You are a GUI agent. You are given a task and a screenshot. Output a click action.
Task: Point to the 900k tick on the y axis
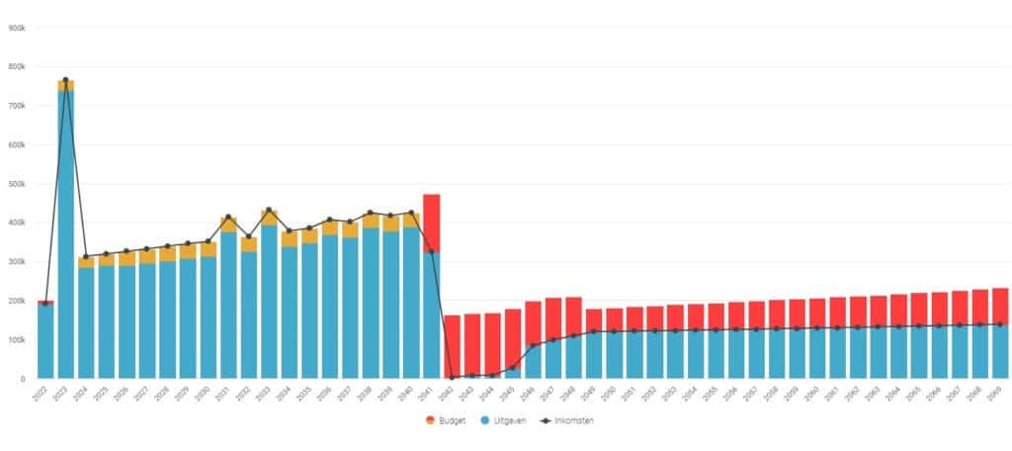tap(16, 28)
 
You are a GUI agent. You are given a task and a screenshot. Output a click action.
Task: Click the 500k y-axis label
tap(16, 184)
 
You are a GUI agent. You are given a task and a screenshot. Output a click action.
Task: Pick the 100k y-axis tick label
tap(16, 339)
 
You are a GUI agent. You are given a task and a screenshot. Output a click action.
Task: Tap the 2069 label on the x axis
tap(1000, 394)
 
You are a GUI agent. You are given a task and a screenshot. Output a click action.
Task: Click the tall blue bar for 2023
tap(66, 237)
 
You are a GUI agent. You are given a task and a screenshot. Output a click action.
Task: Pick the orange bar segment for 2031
tap(228, 225)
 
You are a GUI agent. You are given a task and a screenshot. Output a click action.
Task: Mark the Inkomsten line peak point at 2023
tap(66, 80)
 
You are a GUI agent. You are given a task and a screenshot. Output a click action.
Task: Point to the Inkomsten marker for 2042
tap(453, 377)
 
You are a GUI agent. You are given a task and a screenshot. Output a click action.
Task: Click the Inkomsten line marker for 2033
tap(269, 211)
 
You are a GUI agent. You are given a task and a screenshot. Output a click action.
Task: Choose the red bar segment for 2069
tap(1000, 306)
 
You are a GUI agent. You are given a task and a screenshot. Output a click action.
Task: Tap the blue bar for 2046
tap(534, 361)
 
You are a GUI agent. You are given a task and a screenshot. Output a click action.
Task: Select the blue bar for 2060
tap(817, 353)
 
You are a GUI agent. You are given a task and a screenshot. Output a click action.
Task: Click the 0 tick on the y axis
tap(22, 379)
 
